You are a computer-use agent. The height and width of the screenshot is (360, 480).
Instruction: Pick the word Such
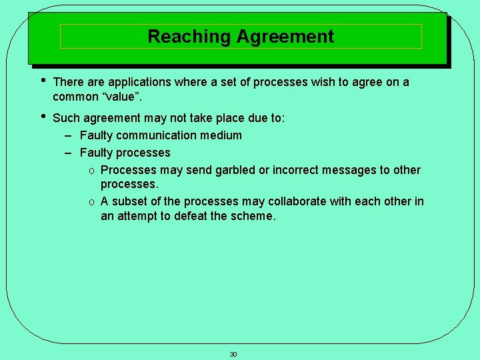tap(65, 118)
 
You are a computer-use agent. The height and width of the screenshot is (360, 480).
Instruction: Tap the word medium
tap(223, 135)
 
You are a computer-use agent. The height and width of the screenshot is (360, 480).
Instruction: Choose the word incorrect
tap(291, 170)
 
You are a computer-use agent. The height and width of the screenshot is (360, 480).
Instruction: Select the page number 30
tap(233, 354)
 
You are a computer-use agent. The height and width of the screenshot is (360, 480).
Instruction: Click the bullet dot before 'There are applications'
tap(43, 81)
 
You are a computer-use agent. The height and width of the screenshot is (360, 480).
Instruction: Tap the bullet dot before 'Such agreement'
tap(43, 117)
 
